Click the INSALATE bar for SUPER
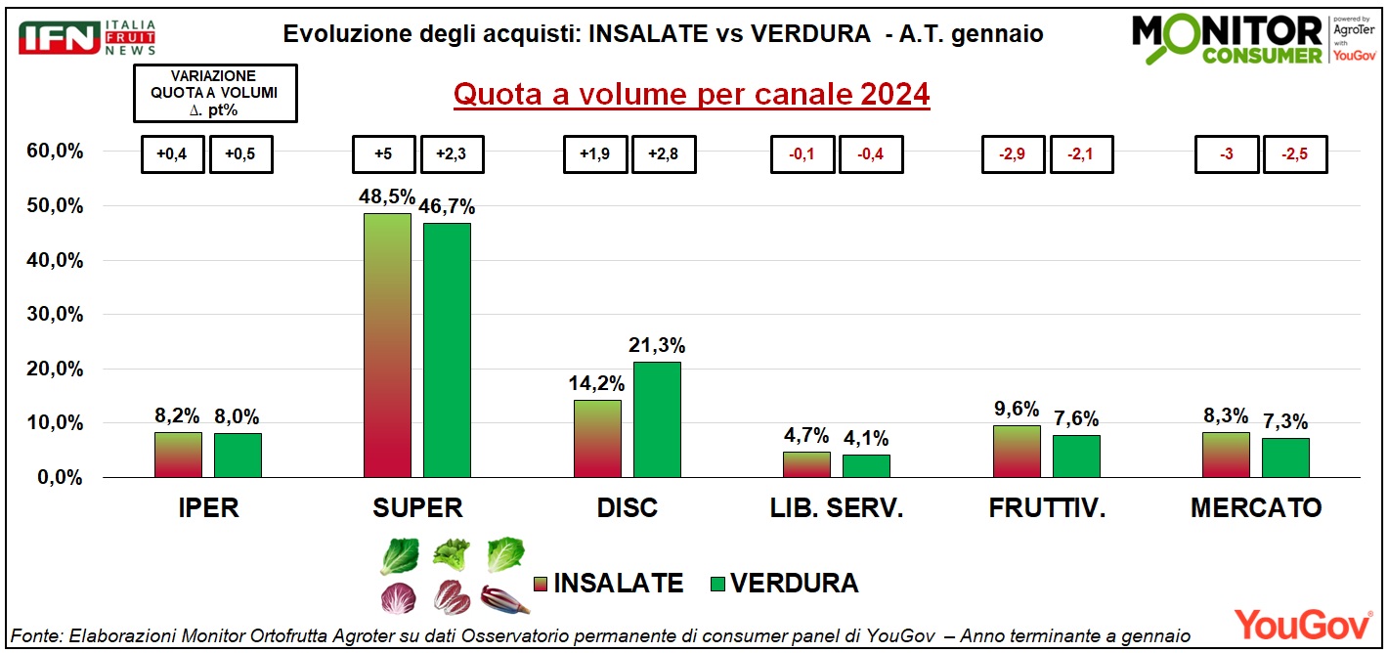point(387,345)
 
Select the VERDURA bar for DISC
point(657,419)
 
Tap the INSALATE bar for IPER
point(178,455)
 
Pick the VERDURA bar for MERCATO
point(1285,457)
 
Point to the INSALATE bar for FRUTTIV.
point(1017,452)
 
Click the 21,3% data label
point(657,345)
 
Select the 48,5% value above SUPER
point(388,196)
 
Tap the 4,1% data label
point(866,438)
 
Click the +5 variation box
point(384,154)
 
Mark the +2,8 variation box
point(665,154)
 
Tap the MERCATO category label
point(1256,508)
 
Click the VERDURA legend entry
point(782,584)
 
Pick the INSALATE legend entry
point(606,584)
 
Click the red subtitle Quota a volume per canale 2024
point(692,95)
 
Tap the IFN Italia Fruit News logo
point(88,37)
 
